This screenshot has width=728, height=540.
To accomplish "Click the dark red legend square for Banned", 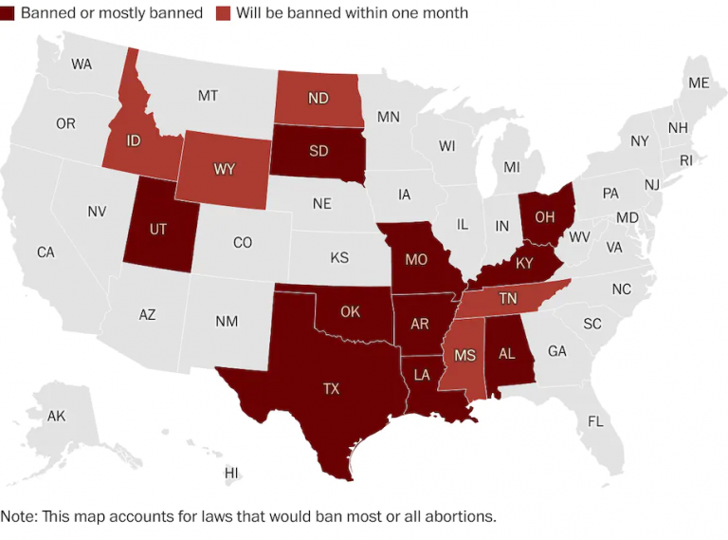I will tap(9, 13).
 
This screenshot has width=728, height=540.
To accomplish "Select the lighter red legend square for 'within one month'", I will tap(226, 13).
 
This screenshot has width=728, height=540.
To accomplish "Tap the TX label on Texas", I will tap(331, 388).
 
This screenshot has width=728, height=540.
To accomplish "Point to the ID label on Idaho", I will tap(134, 141).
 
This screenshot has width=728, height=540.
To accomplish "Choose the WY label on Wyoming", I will tap(225, 169).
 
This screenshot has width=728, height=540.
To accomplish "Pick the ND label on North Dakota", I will tap(318, 98).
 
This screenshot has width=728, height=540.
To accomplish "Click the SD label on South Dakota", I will tap(318, 151).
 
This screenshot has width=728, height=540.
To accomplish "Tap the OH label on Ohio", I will tap(544, 216).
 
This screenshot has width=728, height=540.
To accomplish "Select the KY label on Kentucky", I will tap(524, 264).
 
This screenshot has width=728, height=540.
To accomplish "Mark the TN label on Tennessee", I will tap(508, 298).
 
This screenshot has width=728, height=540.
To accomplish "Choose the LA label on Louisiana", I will tap(422, 375).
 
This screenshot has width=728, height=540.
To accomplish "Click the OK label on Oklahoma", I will tap(350, 311).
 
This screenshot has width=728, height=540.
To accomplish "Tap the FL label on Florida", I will tap(595, 421).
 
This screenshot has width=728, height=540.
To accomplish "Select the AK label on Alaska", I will tap(56, 416).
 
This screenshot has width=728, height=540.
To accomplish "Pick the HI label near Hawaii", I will tap(231, 473).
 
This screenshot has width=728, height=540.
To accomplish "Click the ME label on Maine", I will tap(699, 83).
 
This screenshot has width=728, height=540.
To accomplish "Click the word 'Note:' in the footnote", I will tap(20, 517).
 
